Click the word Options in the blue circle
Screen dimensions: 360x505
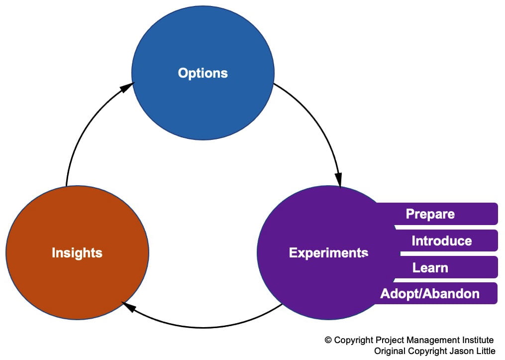pyautogui.click(x=202, y=73)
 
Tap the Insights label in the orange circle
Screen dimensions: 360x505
pyautogui.click(x=77, y=252)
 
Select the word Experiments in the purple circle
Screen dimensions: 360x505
pyautogui.click(x=328, y=252)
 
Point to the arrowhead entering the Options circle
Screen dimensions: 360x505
pyautogui.click(x=127, y=88)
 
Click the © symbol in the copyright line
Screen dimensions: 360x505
pyautogui.click(x=328, y=340)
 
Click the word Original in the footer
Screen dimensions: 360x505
pyautogui.click(x=389, y=351)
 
